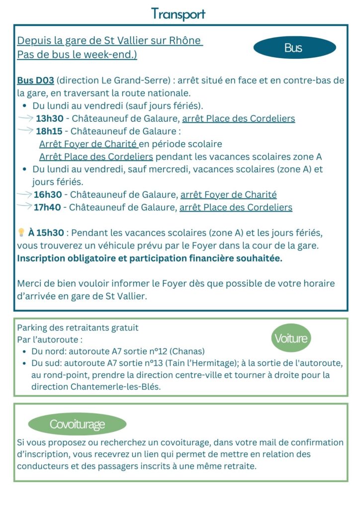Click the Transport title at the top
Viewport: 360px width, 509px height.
[x=179, y=14]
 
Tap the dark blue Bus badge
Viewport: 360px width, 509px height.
[x=294, y=48]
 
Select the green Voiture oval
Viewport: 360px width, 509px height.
[x=291, y=339]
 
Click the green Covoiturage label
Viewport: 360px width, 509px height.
[x=77, y=424]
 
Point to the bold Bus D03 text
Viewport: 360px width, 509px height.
[x=36, y=81]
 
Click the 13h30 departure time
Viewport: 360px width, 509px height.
[x=49, y=119]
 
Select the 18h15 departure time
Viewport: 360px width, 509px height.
[x=49, y=131]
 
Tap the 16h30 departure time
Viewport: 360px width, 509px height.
[x=48, y=195]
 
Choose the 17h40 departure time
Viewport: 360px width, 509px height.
[x=48, y=207]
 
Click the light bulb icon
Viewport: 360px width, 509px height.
[x=21, y=232]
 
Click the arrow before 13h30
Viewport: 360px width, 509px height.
[x=25, y=118]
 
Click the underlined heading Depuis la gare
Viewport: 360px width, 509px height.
[x=109, y=41]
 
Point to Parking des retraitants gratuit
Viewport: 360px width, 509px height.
[x=78, y=328]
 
